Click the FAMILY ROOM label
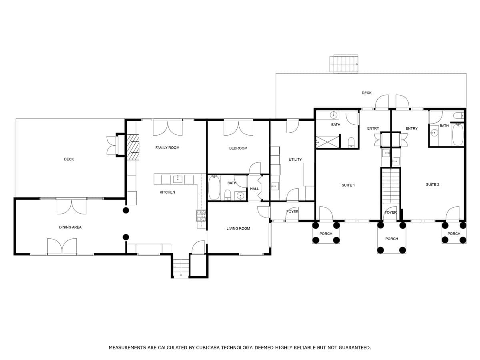pos(167,148)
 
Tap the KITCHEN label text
pos(167,192)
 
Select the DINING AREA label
pos(70,227)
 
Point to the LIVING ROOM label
pos(238,228)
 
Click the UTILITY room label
pos(295,160)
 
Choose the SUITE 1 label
pos(348,185)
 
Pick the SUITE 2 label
pos(432,184)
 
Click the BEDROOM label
pos(238,148)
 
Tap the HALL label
pos(254,189)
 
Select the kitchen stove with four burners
pos(201,216)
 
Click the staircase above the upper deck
pos(344,64)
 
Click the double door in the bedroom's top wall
pos(238,128)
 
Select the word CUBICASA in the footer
pos(210,348)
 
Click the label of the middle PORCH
pos(392,239)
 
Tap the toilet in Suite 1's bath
pos(351,142)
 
